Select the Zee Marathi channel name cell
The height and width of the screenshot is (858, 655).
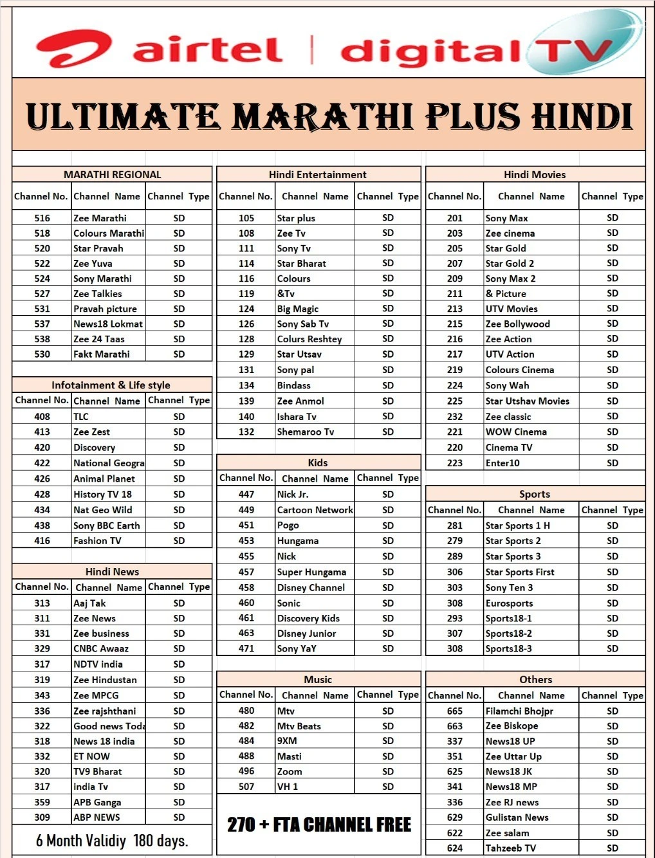100,218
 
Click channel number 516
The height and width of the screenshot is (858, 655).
42,218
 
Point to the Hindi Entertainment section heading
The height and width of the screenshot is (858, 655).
318,174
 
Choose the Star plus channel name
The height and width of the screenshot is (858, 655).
296,218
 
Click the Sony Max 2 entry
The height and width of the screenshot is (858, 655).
510,278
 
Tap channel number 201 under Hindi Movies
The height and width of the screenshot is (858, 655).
455,218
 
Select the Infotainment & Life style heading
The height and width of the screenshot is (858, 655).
111,385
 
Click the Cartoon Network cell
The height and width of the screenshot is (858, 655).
315,510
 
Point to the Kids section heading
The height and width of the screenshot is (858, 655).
318,463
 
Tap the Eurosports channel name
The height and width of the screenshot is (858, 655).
509,603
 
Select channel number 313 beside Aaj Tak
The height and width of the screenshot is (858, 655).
42,603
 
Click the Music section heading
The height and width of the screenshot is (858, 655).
318,680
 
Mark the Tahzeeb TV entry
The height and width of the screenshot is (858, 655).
511,848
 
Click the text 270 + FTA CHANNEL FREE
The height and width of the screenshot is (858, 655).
318,825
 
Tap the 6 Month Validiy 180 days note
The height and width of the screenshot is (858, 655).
112,841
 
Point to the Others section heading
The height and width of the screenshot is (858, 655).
535,680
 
